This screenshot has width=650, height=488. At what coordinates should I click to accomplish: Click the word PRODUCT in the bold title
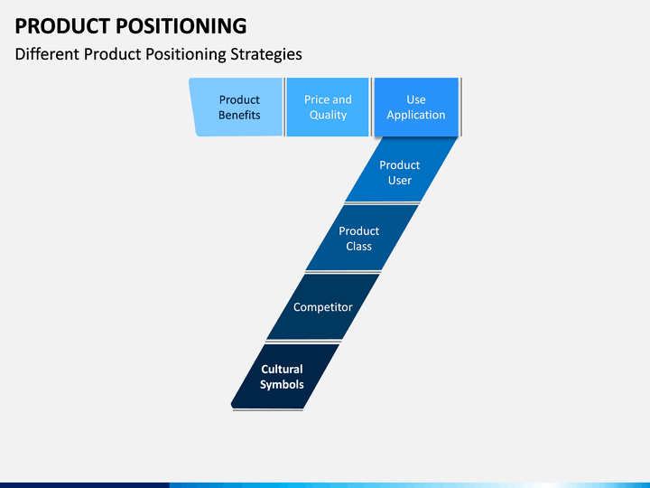pyautogui.click(x=62, y=25)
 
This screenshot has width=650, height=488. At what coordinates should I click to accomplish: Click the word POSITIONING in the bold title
pyautogui.click(x=181, y=25)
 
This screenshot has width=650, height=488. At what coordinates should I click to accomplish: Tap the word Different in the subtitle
pyautogui.click(x=47, y=54)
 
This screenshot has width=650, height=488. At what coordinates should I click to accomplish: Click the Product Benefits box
pyautogui.click(x=237, y=107)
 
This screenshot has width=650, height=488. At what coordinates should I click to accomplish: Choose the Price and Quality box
pyautogui.click(x=328, y=107)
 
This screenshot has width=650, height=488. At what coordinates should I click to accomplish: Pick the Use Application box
pyautogui.click(x=416, y=107)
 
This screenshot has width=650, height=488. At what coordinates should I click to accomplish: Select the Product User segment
pyautogui.click(x=401, y=170)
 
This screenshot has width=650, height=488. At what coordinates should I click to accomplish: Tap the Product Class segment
pyautogui.click(x=361, y=238)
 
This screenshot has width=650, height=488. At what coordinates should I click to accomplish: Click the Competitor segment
pyautogui.click(x=322, y=306)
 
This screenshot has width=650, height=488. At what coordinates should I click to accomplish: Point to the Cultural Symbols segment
pyautogui.click(x=284, y=376)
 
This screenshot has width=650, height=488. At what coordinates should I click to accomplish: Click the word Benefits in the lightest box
pyautogui.click(x=239, y=115)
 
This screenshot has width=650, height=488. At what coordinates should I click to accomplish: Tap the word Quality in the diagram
pyautogui.click(x=328, y=116)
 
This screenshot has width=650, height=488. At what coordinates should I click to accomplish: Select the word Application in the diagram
pyautogui.click(x=416, y=116)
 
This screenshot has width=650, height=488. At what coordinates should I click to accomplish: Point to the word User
pyautogui.click(x=400, y=181)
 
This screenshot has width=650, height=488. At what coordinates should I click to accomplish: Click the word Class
pyautogui.click(x=359, y=247)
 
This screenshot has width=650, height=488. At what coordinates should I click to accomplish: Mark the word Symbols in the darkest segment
pyautogui.click(x=282, y=385)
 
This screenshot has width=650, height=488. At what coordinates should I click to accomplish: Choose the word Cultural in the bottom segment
pyautogui.click(x=282, y=369)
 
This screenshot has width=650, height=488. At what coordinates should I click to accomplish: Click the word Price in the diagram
pyautogui.click(x=317, y=99)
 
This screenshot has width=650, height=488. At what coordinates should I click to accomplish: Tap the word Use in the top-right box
pyautogui.click(x=416, y=99)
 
